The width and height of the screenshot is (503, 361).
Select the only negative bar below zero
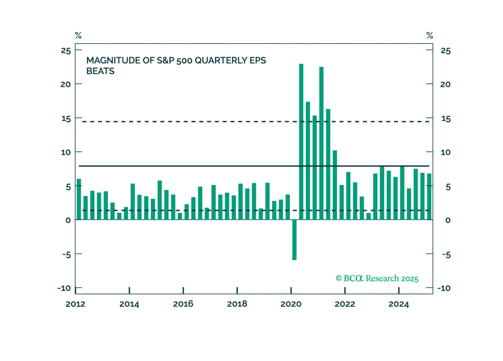click(294, 240)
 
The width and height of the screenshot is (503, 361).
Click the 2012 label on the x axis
click(75, 304)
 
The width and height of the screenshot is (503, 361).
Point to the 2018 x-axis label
click(237, 304)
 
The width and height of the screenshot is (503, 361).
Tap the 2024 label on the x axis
click(398, 304)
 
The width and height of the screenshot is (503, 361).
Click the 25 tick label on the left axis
click(66, 50)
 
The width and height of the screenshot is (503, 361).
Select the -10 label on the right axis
click(444, 288)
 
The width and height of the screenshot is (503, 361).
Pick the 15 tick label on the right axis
click(446, 119)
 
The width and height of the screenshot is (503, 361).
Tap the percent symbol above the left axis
click(78, 35)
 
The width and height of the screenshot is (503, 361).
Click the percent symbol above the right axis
click(430, 35)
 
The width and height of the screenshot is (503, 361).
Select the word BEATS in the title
click(100, 71)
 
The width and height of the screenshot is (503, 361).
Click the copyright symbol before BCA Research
click(339, 278)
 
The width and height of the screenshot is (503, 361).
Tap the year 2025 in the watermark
click(410, 279)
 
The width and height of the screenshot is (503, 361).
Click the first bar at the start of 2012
click(79, 199)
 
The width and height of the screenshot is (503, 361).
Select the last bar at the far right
click(429, 197)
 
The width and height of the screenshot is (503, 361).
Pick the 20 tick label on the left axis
click(66, 84)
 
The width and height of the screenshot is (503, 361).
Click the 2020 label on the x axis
click(291, 304)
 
